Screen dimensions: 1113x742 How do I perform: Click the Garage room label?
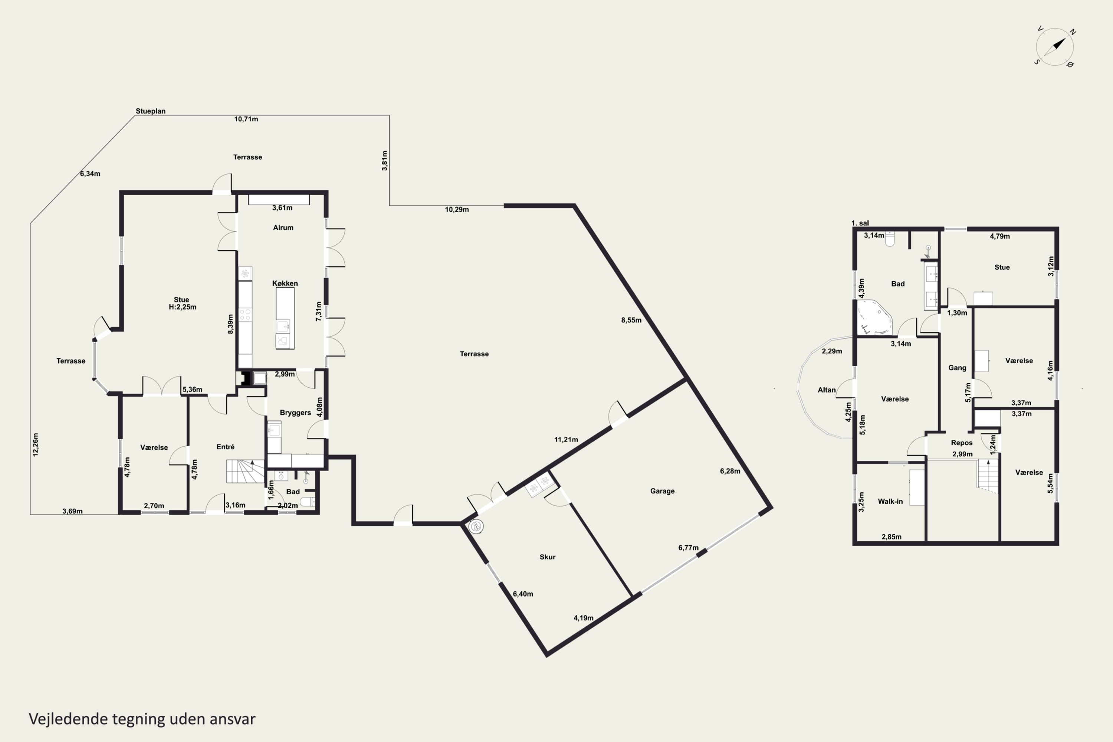coord(662,491)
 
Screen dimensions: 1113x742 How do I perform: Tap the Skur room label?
coord(548,557)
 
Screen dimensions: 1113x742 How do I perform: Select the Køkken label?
coord(285,283)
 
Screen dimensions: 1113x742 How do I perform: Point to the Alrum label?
coord(283,228)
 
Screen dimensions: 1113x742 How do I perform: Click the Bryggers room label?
coord(295,413)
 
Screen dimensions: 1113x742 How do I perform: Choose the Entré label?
coord(225,447)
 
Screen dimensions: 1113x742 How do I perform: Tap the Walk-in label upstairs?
coord(890,502)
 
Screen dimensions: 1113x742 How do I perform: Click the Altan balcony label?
coord(827,390)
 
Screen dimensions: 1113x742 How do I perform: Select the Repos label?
coord(962,443)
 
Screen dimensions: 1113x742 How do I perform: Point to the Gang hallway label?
coord(957,368)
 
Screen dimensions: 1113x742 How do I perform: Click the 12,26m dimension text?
coord(36,445)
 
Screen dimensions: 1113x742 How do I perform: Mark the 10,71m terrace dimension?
coord(246,119)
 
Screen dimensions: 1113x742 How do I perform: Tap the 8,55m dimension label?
coord(631,321)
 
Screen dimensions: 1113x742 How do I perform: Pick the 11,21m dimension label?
coord(566,440)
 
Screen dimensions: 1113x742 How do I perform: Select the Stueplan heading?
coord(151,111)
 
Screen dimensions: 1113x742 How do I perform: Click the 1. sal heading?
coord(860,223)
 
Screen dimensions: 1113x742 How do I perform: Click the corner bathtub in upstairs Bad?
coord(874,317)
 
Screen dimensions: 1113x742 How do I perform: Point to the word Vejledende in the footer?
coord(68,719)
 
